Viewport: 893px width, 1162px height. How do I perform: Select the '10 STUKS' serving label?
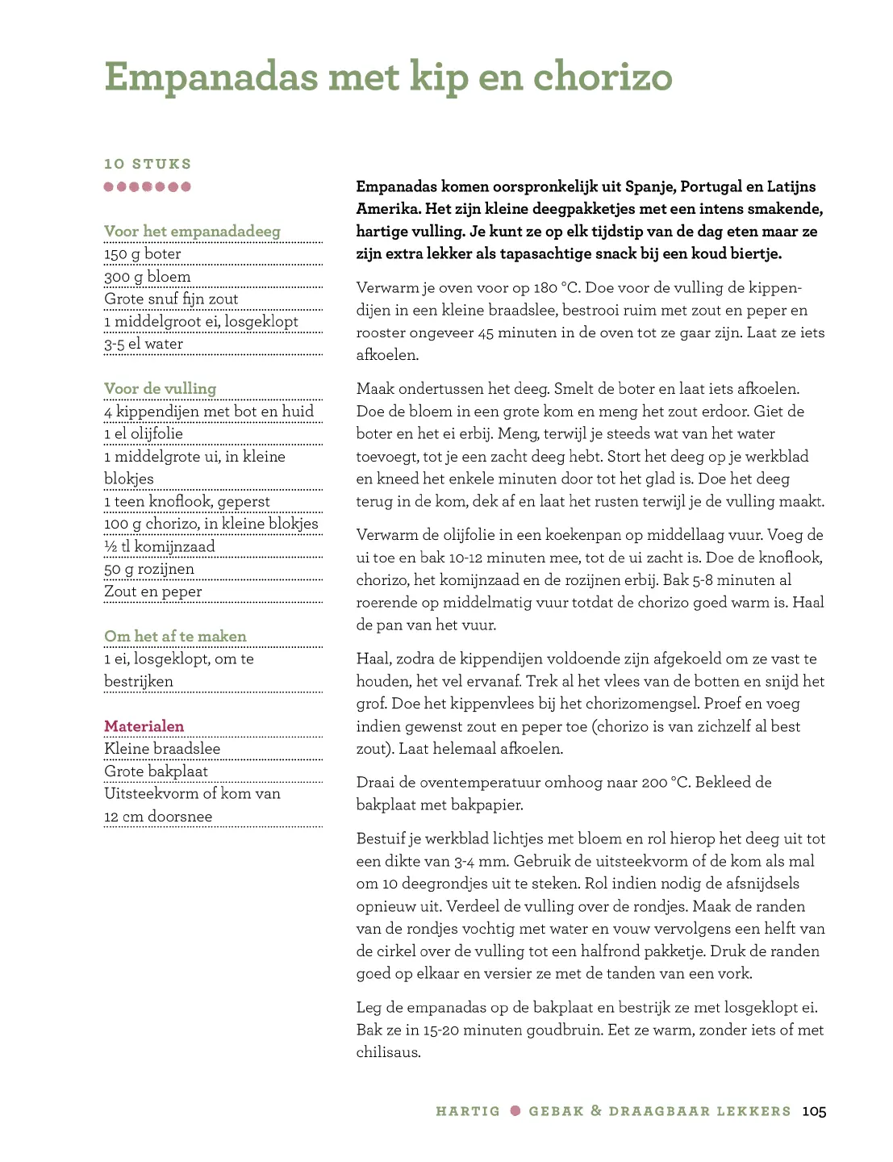click(x=148, y=164)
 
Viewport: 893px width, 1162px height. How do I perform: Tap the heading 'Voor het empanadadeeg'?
click(x=192, y=232)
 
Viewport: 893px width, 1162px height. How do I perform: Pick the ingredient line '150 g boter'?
click(x=143, y=254)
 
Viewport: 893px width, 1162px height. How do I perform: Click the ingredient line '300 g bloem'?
click(x=148, y=277)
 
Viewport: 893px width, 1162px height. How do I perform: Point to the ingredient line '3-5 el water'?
click(x=144, y=344)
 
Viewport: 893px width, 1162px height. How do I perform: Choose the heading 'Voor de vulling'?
click(x=160, y=389)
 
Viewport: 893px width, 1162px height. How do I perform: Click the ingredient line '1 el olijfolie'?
click(x=144, y=434)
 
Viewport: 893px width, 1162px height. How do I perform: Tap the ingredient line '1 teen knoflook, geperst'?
click(x=187, y=502)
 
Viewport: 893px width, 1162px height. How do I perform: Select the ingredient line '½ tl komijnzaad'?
click(x=160, y=547)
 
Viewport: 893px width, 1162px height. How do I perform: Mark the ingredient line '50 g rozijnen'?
click(x=149, y=570)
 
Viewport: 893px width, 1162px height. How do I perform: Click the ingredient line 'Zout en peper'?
click(x=153, y=592)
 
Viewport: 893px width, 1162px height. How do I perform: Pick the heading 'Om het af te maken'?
click(x=175, y=637)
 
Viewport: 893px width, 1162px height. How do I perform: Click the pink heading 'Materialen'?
click(x=144, y=726)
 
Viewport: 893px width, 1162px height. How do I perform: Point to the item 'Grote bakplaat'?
click(x=156, y=771)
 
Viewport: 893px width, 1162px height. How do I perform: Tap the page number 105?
click(x=814, y=1111)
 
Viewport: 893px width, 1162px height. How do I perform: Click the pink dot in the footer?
click(x=515, y=1111)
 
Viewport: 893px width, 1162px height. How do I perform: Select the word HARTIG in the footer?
click(x=468, y=1111)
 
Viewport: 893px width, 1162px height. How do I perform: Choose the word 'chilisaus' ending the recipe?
click(x=387, y=1052)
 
